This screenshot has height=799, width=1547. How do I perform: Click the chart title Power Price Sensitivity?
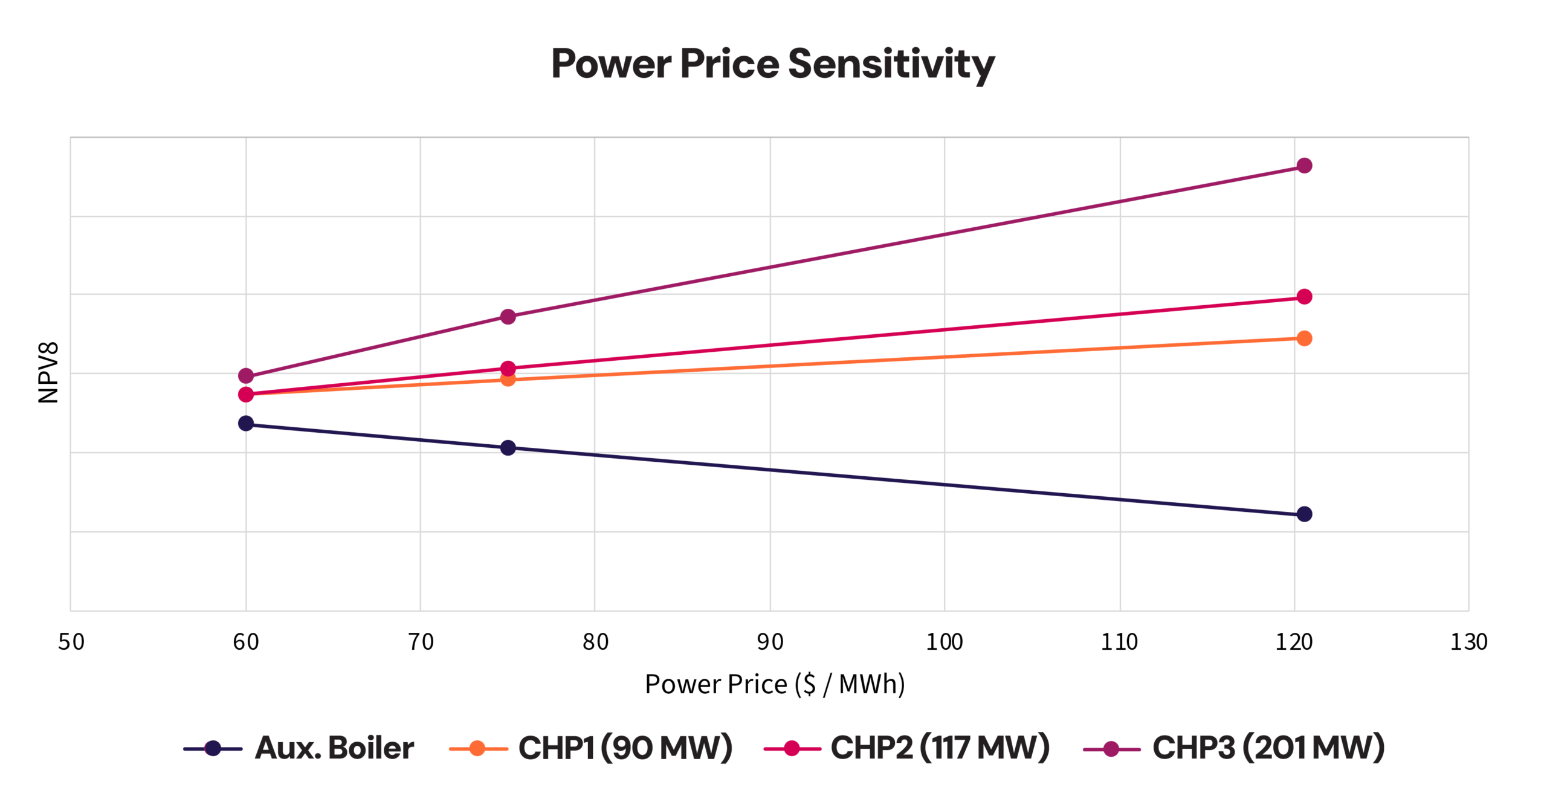(772, 64)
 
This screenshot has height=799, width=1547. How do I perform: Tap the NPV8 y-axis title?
(48, 372)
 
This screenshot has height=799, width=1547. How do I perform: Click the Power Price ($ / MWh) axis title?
(774, 684)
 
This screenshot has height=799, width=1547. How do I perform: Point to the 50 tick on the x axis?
(71, 642)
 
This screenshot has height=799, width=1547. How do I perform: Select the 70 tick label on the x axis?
(421, 642)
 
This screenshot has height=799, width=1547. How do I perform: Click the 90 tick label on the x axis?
(770, 642)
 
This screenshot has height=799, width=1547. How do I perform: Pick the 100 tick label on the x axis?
(944, 642)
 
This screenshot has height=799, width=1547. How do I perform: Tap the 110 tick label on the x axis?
(1119, 642)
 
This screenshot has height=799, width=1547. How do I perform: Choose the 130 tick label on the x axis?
(1468, 642)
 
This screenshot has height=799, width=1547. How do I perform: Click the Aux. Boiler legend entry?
(299, 748)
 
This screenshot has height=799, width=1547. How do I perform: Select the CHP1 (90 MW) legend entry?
(591, 748)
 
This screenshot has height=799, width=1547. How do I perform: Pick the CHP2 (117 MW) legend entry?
(906, 748)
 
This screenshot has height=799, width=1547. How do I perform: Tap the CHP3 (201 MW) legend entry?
(1234, 748)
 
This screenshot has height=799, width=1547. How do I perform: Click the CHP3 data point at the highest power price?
(1304, 166)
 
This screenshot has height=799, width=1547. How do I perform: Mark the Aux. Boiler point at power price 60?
(246, 423)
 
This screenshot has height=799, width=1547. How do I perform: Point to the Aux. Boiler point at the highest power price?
(1304, 514)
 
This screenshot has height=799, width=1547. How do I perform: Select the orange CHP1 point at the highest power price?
(1304, 338)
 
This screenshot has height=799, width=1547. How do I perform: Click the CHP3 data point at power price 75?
(508, 317)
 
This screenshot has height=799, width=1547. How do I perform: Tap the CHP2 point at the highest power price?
(1304, 297)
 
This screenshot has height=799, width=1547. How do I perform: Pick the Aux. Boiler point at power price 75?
(508, 448)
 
